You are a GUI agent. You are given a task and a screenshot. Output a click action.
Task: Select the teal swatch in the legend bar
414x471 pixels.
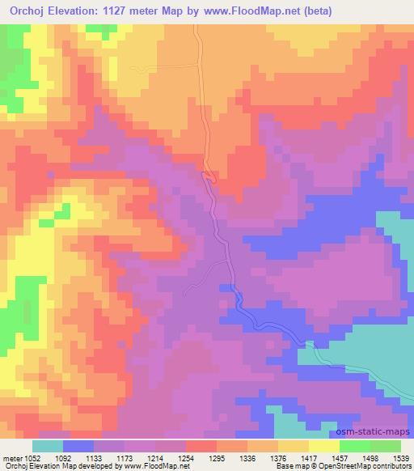tap(47, 446)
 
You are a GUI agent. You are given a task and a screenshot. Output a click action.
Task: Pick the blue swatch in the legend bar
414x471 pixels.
tap(78, 446)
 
